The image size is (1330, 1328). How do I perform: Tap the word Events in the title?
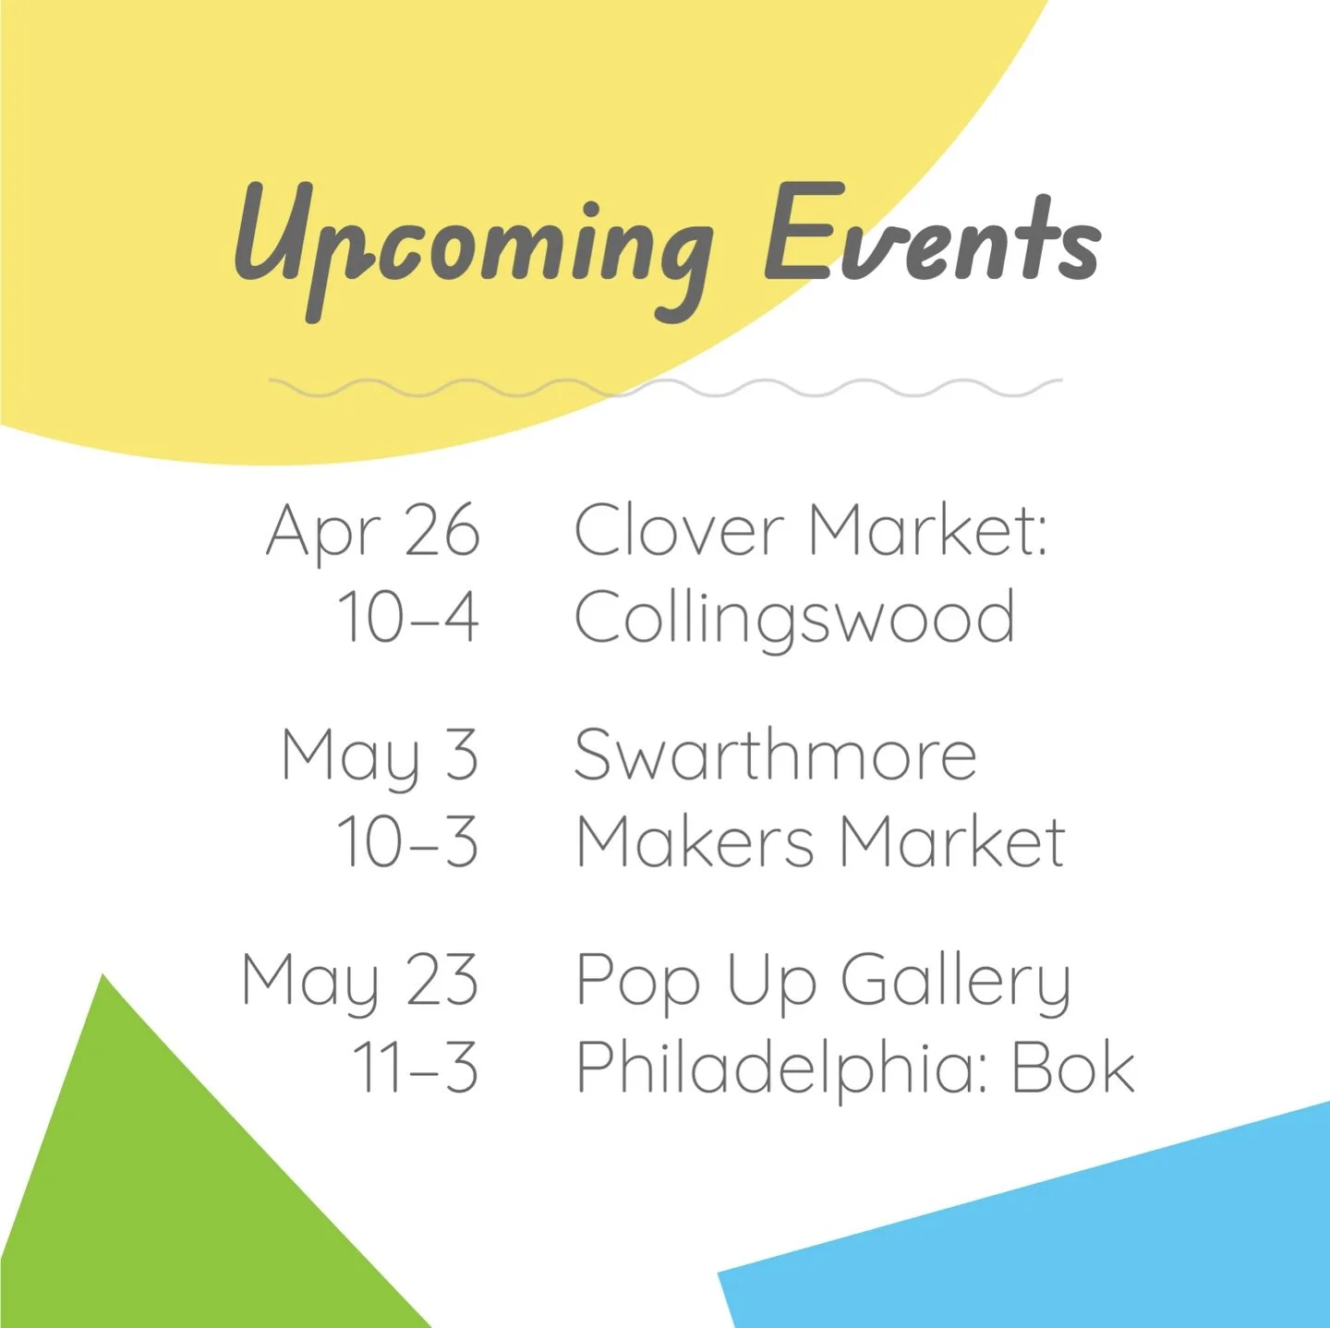coord(931,235)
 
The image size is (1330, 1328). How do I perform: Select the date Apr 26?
coord(373,530)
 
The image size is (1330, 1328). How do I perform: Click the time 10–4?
coord(408,617)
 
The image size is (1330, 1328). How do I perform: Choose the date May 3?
coord(380,755)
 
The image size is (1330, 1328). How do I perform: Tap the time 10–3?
coord(407,842)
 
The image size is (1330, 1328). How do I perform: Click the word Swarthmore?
coord(775,755)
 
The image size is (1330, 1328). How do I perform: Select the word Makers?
coord(695,842)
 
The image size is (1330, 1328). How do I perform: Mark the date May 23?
coord(360,981)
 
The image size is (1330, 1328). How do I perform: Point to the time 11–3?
coord(416,1068)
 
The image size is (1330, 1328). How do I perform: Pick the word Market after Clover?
coord(927,530)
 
